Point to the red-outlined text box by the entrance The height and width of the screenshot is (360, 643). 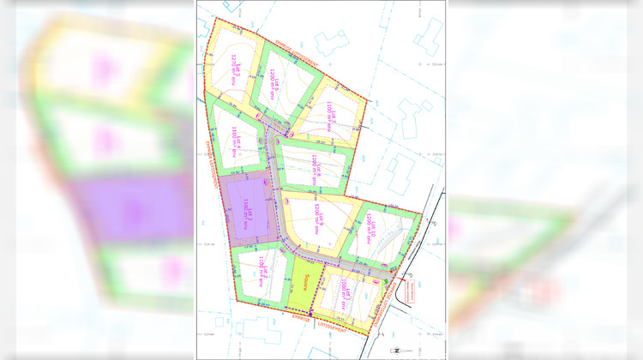point(416,291)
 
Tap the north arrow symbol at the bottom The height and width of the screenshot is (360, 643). point(395,350)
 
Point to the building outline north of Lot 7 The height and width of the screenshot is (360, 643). point(328,43)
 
